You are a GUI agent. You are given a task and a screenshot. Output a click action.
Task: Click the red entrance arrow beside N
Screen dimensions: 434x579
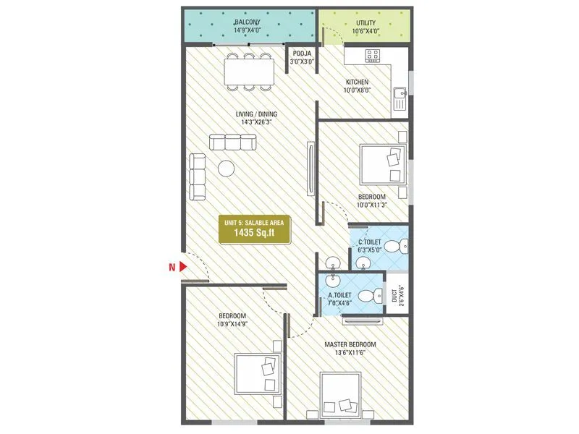click(184, 268)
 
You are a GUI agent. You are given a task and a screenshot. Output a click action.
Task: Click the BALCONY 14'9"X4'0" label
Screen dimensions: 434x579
click(248, 27)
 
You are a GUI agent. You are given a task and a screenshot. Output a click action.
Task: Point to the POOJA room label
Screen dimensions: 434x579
click(299, 57)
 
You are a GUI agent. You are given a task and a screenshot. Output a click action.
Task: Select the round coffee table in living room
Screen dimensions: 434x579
click(227, 168)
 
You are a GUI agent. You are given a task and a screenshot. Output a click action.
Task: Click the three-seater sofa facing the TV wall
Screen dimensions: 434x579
click(233, 142)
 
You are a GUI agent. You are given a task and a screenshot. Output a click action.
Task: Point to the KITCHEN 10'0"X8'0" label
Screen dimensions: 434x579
click(357, 86)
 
